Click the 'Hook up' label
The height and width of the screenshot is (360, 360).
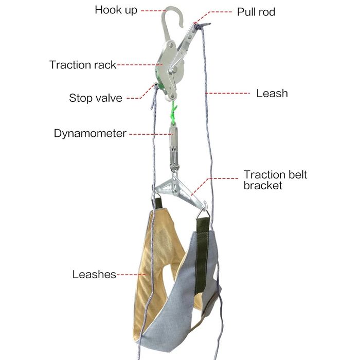point(116,10)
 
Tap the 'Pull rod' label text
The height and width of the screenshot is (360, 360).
point(256,12)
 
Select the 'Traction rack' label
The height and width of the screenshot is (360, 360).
point(83,65)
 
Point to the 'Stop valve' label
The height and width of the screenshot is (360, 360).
point(96,98)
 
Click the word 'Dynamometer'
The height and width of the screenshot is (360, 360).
point(90,133)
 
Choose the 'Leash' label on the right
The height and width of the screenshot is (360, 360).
point(272,93)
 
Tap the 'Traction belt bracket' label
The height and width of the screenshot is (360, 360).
point(275,180)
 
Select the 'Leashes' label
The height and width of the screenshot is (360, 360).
point(94,274)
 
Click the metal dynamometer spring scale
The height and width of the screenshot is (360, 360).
point(174,147)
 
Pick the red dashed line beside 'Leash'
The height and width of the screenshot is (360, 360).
point(227,93)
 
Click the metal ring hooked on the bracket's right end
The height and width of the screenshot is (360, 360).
point(203,213)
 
